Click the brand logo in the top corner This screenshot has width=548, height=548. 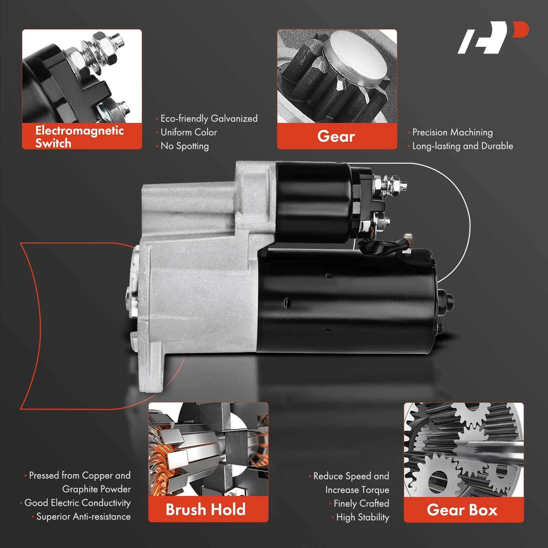(x=493, y=37)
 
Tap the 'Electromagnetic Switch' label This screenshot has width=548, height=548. (x=79, y=137)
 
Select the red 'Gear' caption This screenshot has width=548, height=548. (x=336, y=136)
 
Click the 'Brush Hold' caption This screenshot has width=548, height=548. (x=205, y=509)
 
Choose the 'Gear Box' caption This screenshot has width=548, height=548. (x=462, y=510)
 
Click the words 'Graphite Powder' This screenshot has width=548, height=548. (x=96, y=489)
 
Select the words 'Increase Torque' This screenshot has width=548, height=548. (x=357, y=490)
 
